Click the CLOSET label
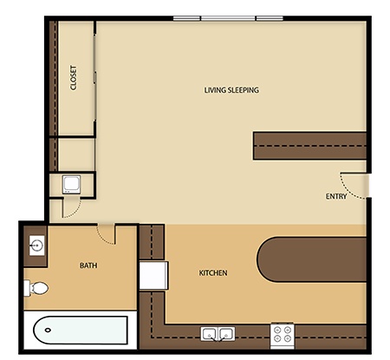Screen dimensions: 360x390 coord(74,78)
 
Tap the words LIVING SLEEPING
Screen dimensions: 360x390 coord(231,90)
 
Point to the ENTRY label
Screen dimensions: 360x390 coord(336,196)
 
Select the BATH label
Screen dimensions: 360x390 coord(88,265)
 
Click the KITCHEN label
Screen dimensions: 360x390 coord(213,273)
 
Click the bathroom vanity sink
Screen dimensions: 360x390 coord(37,245)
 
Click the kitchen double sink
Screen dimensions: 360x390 coord(217,333)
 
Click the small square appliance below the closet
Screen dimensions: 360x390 coord(72,184)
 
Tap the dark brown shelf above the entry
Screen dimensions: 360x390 coord(308,145)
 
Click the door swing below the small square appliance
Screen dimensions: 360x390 coord(71,208)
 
